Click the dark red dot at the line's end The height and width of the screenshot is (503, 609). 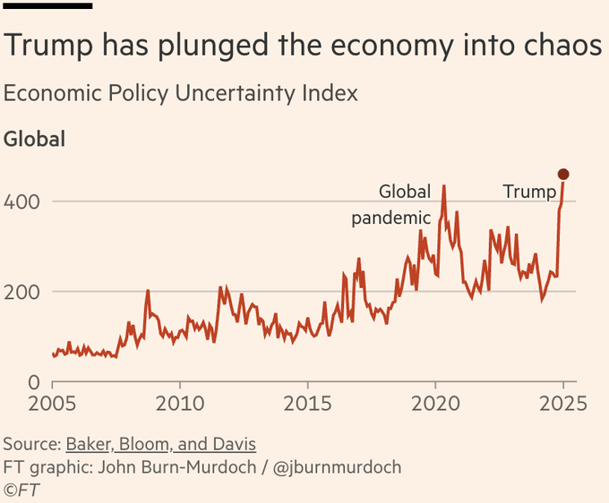(x=563, y=175)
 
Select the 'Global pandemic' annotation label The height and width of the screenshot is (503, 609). (x=392, y=204)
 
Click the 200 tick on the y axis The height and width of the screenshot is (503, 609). (x=21, y=292)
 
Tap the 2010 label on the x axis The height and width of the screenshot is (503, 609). (x=180, y=403)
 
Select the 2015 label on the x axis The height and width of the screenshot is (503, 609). (x=307, y=403)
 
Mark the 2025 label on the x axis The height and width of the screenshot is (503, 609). (x=563, y=403)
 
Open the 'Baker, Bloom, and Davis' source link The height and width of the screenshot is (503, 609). (x=159, y=445)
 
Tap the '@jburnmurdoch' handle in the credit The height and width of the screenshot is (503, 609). (x=339, y=467)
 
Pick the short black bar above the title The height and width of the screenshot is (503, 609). (x=48, y=5)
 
